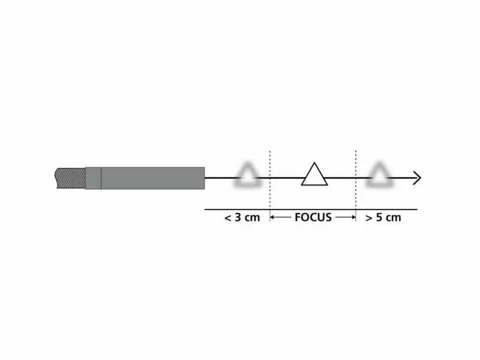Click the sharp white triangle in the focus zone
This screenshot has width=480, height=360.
coord(314,176)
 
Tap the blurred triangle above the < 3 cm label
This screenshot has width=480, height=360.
coord(248,175)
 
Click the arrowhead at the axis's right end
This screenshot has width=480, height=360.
coord(417,178)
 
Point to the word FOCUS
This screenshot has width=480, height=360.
coord(313,217)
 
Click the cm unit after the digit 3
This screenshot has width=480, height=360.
coord(252,218)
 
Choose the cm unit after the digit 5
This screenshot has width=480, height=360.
coord(393,218)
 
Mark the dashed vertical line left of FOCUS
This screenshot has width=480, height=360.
coord(271,180)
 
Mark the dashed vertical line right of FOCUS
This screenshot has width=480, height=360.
coord(356,180)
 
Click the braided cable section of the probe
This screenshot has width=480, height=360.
coord(70,178)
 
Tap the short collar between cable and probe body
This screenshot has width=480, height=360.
coord(93,178)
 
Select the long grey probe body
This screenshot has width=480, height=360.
coord(153,178)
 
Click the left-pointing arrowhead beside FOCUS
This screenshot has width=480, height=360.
coord(274,217)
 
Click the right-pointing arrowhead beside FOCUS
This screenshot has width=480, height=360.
coord(353,217)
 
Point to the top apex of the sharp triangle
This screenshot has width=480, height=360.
coord(313,163)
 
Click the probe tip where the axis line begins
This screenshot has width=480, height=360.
coord(205,178)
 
